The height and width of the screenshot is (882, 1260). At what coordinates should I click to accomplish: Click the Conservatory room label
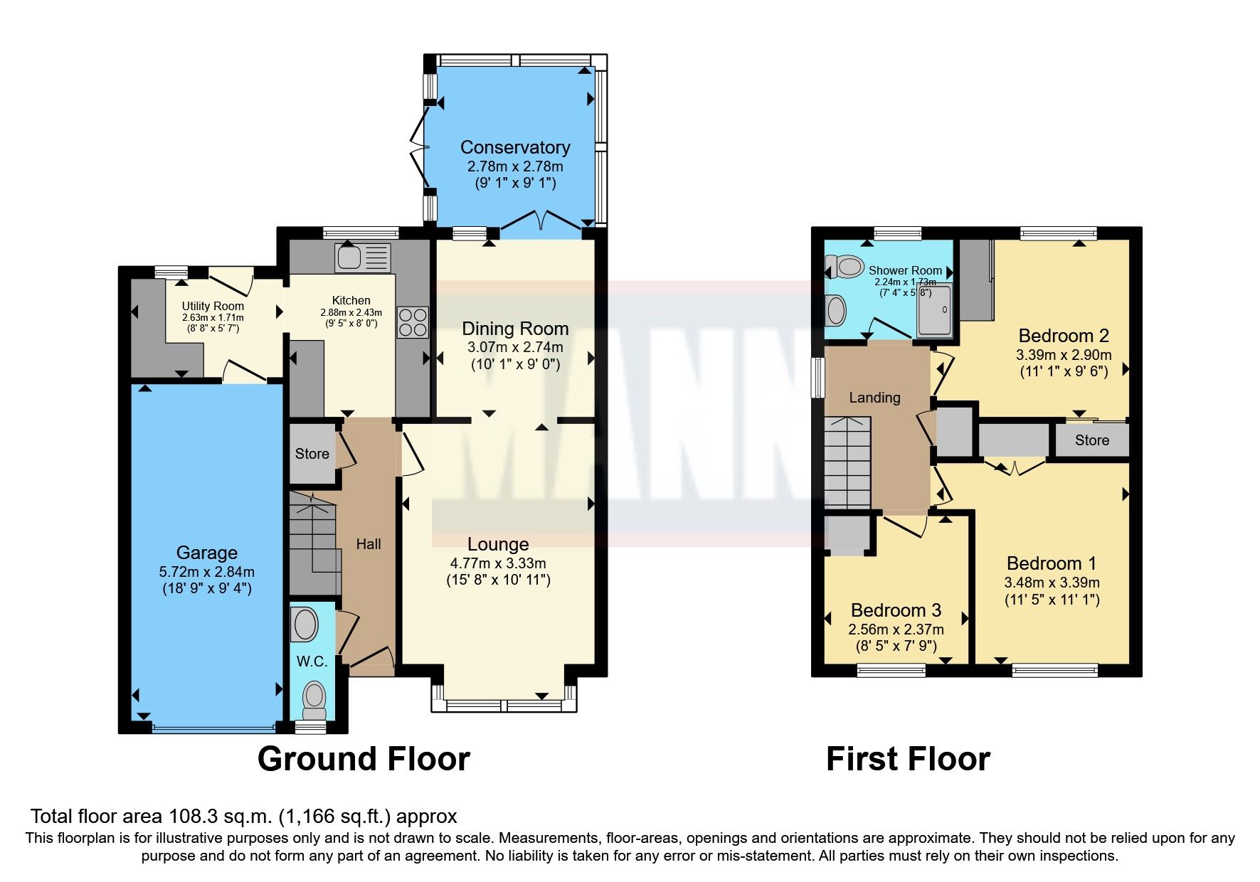click(515, 147)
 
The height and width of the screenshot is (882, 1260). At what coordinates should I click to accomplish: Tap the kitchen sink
click(363, 257)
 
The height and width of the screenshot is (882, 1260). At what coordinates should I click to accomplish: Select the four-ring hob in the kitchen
click(413, 322)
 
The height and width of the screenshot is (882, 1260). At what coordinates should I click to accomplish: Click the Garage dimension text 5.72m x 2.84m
click(206, 571)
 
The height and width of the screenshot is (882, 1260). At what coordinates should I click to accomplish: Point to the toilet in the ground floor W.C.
click(314, 700)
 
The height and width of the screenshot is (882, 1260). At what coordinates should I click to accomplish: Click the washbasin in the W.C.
click(305, 625)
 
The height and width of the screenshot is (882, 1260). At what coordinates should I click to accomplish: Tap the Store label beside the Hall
click(312, 454)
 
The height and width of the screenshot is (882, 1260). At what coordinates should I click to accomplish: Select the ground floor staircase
click(313, 544)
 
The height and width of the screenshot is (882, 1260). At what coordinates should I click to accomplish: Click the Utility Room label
click(213, 306)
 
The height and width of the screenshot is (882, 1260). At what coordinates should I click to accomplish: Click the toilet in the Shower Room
click(844, 267)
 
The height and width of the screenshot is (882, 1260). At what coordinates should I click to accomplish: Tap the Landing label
click(874, 398)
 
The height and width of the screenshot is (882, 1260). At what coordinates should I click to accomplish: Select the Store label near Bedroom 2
click(1091, 440)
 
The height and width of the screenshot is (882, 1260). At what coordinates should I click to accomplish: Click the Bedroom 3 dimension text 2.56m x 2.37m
click(896, 629)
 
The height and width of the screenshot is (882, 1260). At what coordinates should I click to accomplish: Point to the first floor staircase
click(848, 462)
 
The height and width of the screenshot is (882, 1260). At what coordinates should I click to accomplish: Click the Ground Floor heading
click(364, 759)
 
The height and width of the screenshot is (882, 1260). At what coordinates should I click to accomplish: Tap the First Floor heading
click(908, 759)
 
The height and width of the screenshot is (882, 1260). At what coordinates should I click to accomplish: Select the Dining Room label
click(515, 329)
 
